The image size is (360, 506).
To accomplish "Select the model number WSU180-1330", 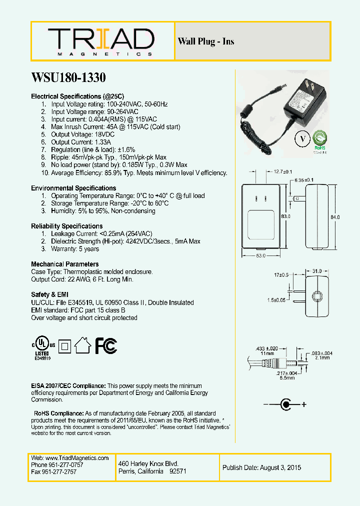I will (68, 78).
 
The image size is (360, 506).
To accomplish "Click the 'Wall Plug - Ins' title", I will (206, 41).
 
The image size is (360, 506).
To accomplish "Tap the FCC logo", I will (106, 345).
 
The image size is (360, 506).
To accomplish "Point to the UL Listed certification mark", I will (43, 346).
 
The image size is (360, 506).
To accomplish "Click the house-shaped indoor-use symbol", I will (82, 345).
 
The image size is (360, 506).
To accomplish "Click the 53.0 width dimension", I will (260, 256).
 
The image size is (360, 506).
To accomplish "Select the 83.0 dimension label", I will (285, 216).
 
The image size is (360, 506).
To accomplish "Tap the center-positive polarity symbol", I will (285, 404).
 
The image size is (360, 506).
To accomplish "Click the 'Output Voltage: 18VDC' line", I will (82, 134).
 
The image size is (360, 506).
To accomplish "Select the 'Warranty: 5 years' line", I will (75, 248).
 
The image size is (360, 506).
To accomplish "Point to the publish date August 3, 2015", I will (261, 468).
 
